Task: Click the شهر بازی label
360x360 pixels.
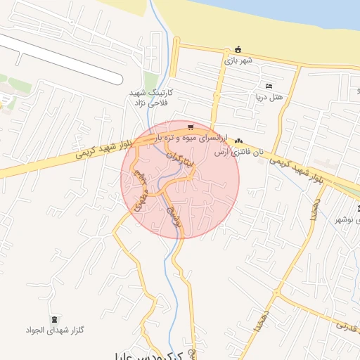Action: [238, 60]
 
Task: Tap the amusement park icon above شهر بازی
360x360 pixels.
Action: [238, 49]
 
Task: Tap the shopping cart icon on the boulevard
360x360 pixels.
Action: [191, 127]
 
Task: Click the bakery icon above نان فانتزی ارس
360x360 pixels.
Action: [239, 141]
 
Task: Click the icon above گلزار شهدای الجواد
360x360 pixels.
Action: [56, 319]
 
